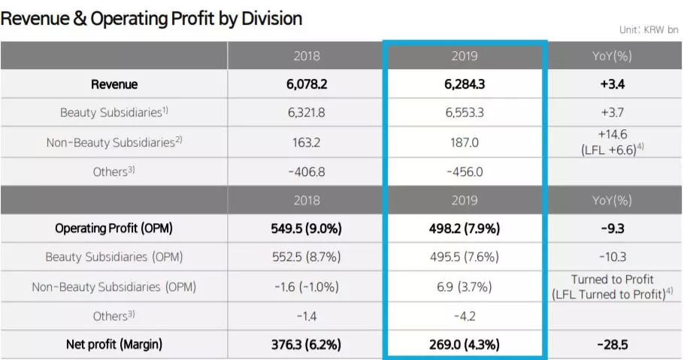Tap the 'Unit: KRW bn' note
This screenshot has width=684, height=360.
[x=649, y=30]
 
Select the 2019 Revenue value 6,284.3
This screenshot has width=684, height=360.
[x=465, y=84]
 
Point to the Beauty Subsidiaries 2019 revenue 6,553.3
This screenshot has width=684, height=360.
[x=465, y=113]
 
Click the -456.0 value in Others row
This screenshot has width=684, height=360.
[x=465, y=171]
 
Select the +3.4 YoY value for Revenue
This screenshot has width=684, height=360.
[x=613, y=84]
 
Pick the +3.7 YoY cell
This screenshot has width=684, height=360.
[x=613, y=113]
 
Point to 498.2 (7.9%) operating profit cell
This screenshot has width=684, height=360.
[x=465, y=228]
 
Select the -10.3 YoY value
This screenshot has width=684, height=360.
[x=613, y=257]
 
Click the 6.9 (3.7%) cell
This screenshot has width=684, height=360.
[x=465, y=287]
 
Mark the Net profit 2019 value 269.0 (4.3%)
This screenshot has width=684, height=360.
[x=465, y=345]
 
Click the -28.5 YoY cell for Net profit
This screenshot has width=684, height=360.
[x=613, y=345]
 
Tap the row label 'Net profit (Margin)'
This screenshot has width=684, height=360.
[x=113, y=345]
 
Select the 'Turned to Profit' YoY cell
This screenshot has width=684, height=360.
[x=613, y=280]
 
